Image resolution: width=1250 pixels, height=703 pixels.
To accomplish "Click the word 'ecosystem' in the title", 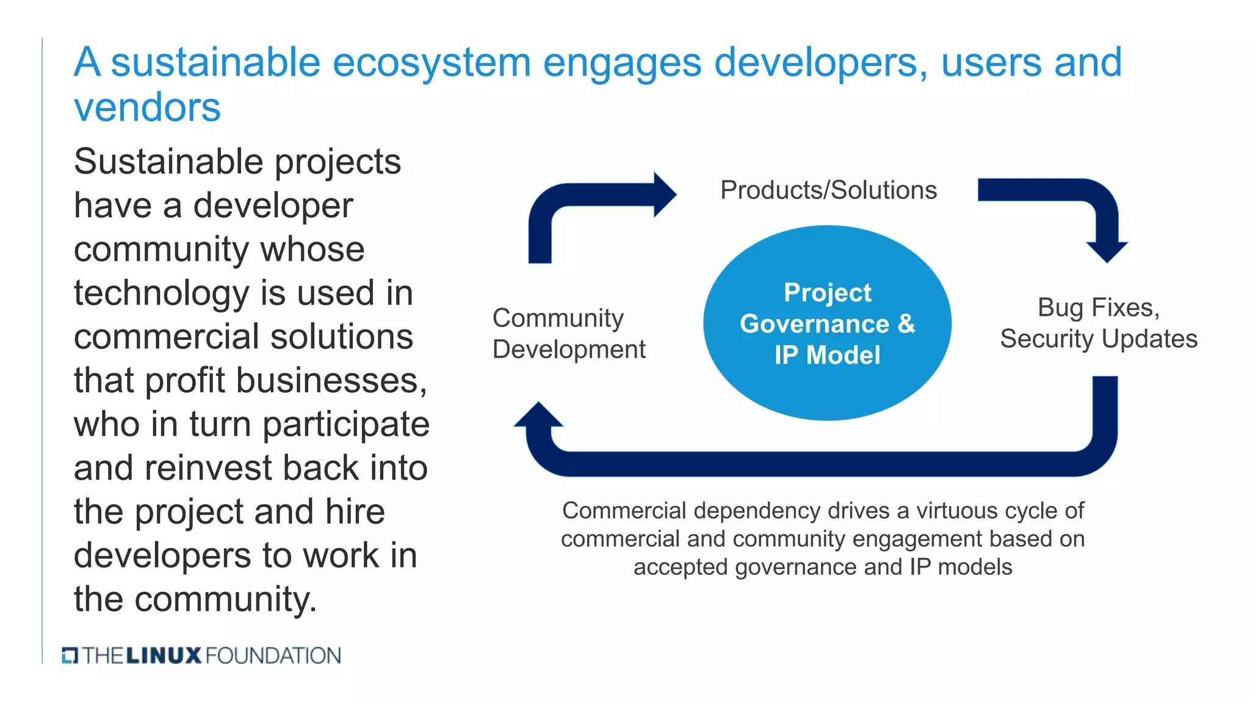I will (432, 63).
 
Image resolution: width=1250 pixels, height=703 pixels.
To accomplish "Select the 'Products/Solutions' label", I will (828, 190).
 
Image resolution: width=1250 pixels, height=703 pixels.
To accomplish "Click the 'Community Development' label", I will (568, 334).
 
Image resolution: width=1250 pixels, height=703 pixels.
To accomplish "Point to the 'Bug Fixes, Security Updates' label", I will (1099, 323).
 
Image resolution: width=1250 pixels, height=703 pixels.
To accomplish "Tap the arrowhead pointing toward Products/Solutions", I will (665, 195).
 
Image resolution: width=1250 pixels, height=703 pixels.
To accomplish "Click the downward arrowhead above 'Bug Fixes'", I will (1107, 251).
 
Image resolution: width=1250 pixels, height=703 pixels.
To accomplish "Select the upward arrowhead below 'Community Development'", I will (538, 415).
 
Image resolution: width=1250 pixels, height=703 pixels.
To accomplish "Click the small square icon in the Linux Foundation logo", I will (70, 655).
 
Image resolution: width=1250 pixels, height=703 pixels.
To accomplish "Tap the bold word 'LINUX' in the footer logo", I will (164, 656).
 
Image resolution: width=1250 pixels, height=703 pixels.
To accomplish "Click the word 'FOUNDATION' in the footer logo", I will (273, 656).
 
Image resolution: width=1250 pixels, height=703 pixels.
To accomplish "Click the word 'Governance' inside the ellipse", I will (814, 324).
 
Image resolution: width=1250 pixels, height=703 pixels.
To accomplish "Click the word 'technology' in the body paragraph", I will (161, 294).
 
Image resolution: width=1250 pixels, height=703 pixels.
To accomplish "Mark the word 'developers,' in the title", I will (822, 63).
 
